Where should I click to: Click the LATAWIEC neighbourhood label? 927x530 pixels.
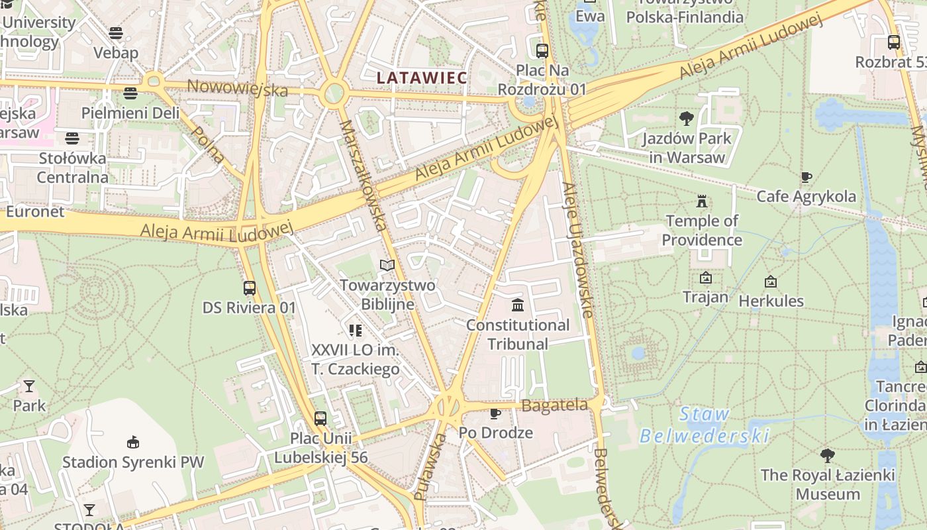[422, 78]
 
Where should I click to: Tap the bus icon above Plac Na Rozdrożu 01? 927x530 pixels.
[542, 50]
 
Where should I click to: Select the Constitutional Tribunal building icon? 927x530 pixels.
[518, 305]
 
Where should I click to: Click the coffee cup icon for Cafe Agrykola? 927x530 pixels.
[806, 177]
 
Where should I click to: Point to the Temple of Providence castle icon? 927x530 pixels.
[702, 201]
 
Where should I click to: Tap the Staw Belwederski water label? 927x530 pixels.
[705, 425]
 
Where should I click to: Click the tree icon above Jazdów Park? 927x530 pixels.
[687, 119]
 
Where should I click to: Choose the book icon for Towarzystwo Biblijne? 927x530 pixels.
[387, 266]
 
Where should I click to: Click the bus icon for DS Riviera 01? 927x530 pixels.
[250, 288]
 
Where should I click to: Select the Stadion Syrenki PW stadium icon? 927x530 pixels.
[133, 442]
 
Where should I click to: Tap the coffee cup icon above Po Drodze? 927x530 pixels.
[495, 414]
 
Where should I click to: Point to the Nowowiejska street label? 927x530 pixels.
[238, 87]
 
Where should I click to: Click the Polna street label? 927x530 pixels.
[208, 144]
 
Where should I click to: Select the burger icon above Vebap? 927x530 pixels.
[116, 33]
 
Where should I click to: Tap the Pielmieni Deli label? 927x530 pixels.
[130, 113]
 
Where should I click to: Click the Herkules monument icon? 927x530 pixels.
[770, 282]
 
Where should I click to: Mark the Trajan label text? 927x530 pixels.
[705, 297]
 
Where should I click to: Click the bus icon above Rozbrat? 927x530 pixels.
[894, 42]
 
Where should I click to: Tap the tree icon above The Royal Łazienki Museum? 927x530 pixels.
[827, 456]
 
